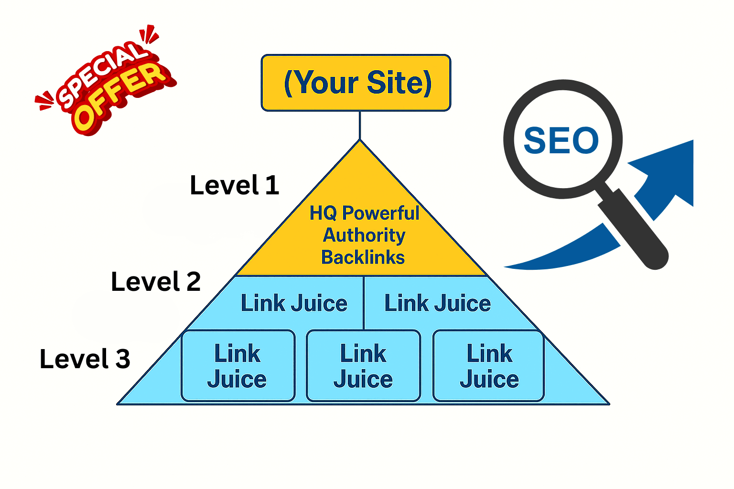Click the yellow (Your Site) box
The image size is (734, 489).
pyautogui.click(x=356, y=83)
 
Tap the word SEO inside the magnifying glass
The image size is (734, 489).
pyautogui.click(x=561, y=140)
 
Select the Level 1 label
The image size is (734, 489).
pyautogui.click(x=234, y=185)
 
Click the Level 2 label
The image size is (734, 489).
pyautogui.click(x=155, y=282)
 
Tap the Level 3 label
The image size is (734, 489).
pyautogui.click(x=85, y=359)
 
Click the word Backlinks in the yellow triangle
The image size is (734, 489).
pyautogui.click(x=363, y=257)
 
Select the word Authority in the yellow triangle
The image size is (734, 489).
pyautogui.click(x=364, y=235)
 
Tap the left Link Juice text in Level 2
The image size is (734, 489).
pyautogui.click(x=294, y=303)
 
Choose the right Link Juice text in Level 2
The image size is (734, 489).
pyautogui.click(x=438, y=303)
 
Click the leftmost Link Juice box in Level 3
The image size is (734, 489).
pyautogui.click(x=238, y=366)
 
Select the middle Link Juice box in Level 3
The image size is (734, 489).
pyautogui.click(x=363, y=366)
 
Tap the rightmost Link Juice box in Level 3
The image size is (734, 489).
pyautogui.click(x=489, y=366)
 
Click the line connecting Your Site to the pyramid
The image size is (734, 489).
pyautogui.click(x=360, y=125)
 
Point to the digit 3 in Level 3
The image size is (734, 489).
pyautogui.click(x=122, y=359)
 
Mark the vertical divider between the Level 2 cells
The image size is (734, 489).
pyautogui.click(x=364, y=303)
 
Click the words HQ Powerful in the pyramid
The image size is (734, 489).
pyautogui.click(x=364, y=213)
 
